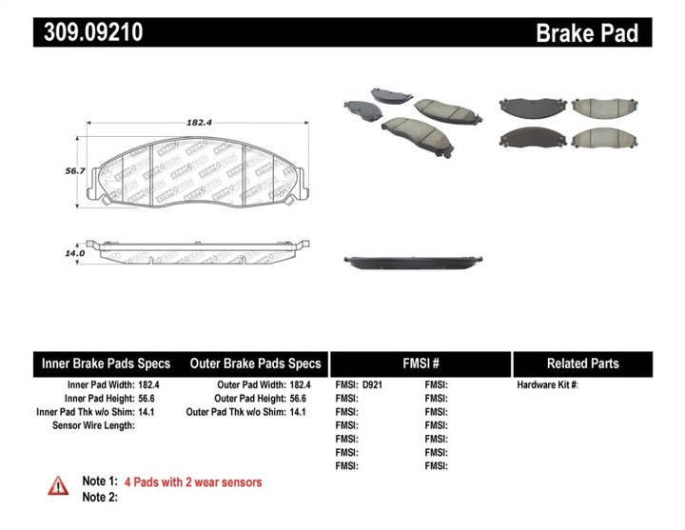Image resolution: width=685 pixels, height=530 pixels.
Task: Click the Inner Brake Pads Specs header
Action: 105,363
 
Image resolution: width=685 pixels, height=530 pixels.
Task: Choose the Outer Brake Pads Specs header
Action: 255,363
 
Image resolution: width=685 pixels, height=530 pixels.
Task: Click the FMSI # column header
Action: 420,363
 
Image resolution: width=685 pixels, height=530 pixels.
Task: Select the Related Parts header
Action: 582,363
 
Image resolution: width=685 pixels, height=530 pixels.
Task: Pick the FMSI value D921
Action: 373,385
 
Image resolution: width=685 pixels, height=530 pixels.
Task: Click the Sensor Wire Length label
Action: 93,425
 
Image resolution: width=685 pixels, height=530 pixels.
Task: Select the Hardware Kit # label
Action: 547,385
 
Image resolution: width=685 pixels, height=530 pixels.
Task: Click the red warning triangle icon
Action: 58,485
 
